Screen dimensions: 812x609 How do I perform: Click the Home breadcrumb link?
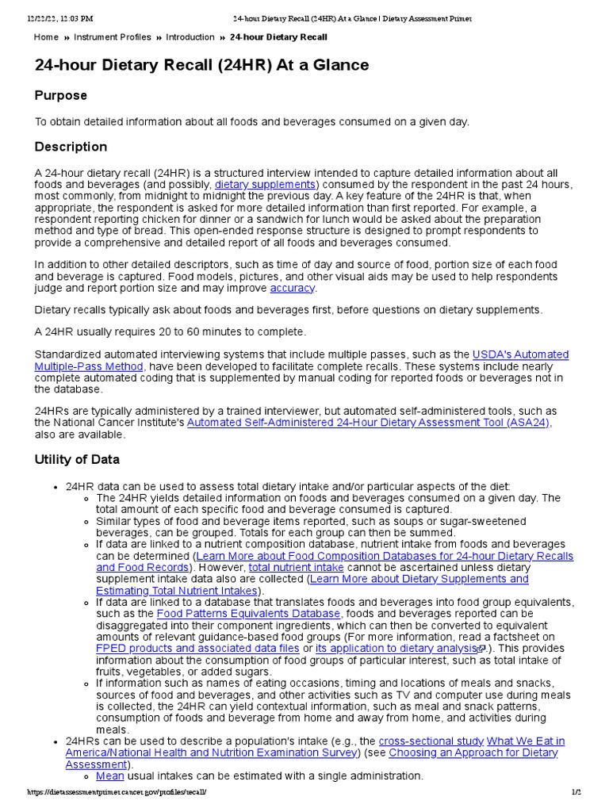pyautogui.click(x=46, y=37)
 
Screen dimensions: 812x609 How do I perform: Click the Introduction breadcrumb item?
pyautogui.click(x=190, y=37)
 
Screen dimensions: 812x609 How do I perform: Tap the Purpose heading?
pyautogui.click(x=61, y=95)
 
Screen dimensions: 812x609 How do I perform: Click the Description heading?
pyautogui.click(x=71, y=147)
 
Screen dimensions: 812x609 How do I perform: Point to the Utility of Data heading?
pyautogui.click(x=77, y=459)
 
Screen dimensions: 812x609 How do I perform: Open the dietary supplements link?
pyautogui.click(x=266, y=185)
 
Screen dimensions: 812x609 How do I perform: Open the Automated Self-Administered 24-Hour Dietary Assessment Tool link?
pyautogui.click(x=368, y=423)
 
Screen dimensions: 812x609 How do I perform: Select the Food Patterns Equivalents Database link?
pyautogui.click(x=249, y=614)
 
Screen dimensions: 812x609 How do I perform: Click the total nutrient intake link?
pyautogui.click(x=285, y=568)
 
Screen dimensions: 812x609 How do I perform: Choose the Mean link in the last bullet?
pyautogui.click(x=110, y=776)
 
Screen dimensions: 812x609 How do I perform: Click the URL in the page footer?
pyautogui.click(x=117, y=793)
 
